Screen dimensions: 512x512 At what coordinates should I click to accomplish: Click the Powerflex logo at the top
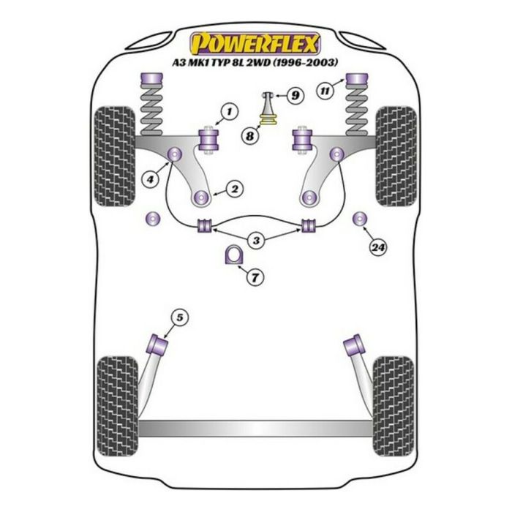click(x=255, y=42)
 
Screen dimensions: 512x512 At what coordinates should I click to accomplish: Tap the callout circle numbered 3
click(x=255, y=240)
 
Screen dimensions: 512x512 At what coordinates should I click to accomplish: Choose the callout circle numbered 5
click(x=180, y=317)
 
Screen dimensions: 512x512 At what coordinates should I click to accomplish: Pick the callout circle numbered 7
click(x=255, y=278)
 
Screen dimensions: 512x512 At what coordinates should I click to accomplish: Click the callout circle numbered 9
click(x=293, y=95)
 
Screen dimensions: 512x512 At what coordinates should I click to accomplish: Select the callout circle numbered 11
click(x=323, y=91)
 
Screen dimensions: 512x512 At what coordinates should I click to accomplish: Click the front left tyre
click(x=115, y=156)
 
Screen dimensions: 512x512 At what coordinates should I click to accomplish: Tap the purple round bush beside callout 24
click(x=359, y=218)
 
